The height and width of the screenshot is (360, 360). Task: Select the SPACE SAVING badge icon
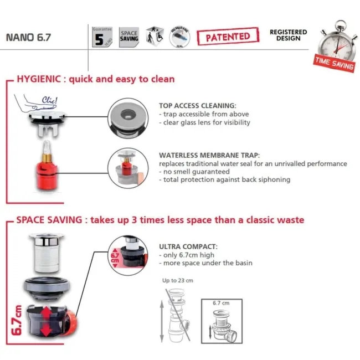(x=129, y=37)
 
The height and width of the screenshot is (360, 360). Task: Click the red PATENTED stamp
(x=228, y=37)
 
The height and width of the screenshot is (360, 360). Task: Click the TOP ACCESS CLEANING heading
(x=197, y=105)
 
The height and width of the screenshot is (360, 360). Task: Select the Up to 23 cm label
(x=178, y=280)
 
